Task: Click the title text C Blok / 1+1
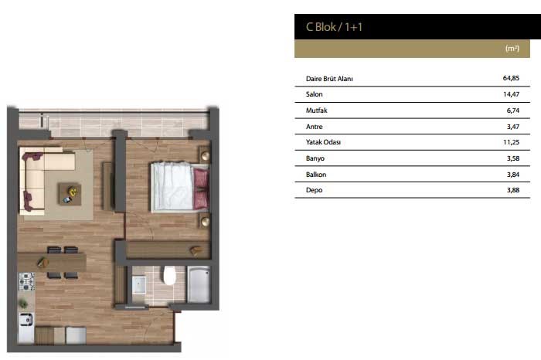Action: (x=334, y=27)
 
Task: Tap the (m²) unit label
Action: (x=512, y=48)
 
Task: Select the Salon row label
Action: (x=314, y=94)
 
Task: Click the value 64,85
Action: (x=511, y=78)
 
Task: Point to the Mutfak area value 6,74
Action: (x=513, y=110)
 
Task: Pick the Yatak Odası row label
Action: (x=323, y=142)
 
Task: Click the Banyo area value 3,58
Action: (x=513, y=158)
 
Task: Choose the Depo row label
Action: (x=314, y=190)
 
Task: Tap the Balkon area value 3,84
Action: (x=513, y=175)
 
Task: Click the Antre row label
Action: (x=314, y=127)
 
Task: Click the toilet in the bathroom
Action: (x=169, y=275)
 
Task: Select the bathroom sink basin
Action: (x=139, y=284)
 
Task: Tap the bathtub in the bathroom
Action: (x=199, y=284)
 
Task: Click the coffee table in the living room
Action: (x=70, y=194)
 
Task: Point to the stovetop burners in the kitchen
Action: (x=26, y=281)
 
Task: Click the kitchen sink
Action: (x=26, y=320)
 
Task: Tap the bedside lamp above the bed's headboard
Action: (x=206, y=156)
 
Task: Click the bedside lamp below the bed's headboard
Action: (x=206, y=222)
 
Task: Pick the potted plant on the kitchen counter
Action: (x=23, y=304)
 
